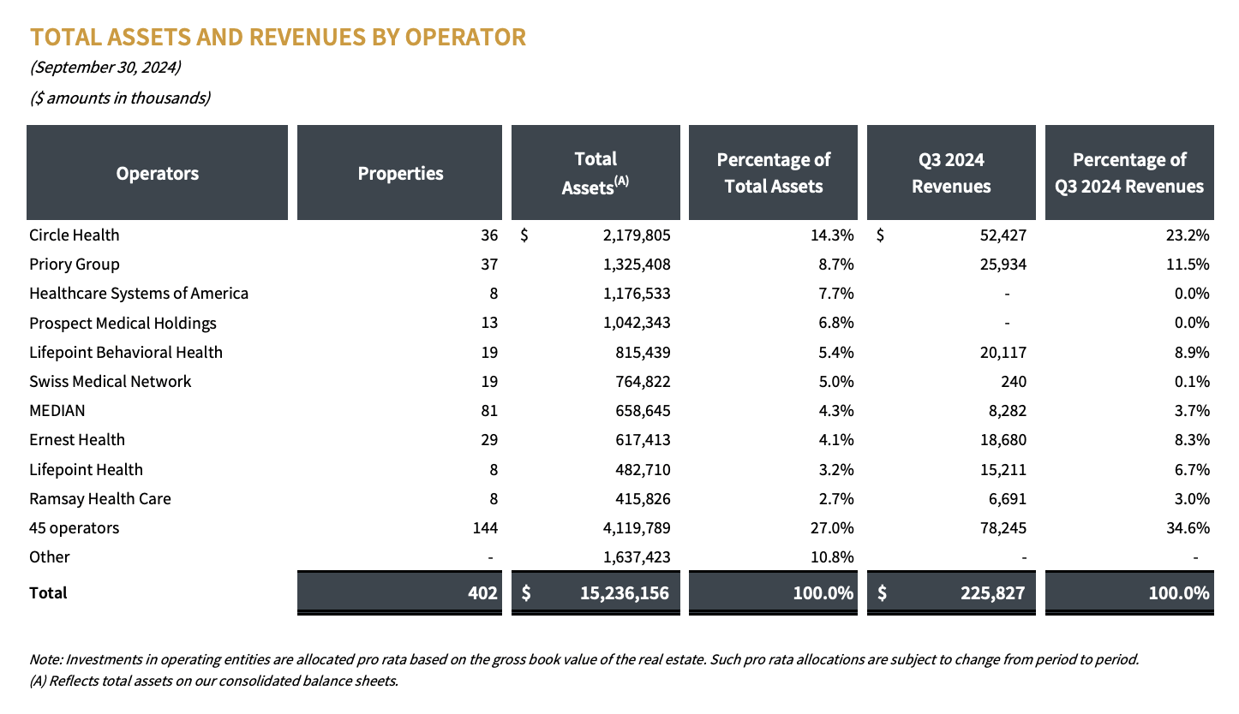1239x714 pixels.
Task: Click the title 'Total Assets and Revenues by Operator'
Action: click(278, 38)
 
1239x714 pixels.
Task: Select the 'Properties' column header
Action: click(400, 173)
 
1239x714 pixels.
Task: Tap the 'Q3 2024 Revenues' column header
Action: click(951, 173)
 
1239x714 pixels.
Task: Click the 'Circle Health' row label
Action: click(75, 235)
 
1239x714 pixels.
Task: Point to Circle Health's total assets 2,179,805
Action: click(636, 235)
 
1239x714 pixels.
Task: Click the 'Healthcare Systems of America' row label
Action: click(139, 294)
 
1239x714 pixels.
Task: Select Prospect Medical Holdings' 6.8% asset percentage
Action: click(835, 323)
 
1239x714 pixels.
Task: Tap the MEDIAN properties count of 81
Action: click(488, 410)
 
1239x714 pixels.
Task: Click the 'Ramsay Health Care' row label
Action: click(100, 498)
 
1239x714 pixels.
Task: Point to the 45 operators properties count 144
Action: click(484, 527)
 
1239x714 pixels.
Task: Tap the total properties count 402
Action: click(482, 592)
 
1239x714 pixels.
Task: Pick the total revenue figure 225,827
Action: click(990, 592)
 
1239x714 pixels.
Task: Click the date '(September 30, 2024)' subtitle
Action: click(105, 67)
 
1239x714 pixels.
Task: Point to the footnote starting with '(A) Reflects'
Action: click(214, 681)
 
